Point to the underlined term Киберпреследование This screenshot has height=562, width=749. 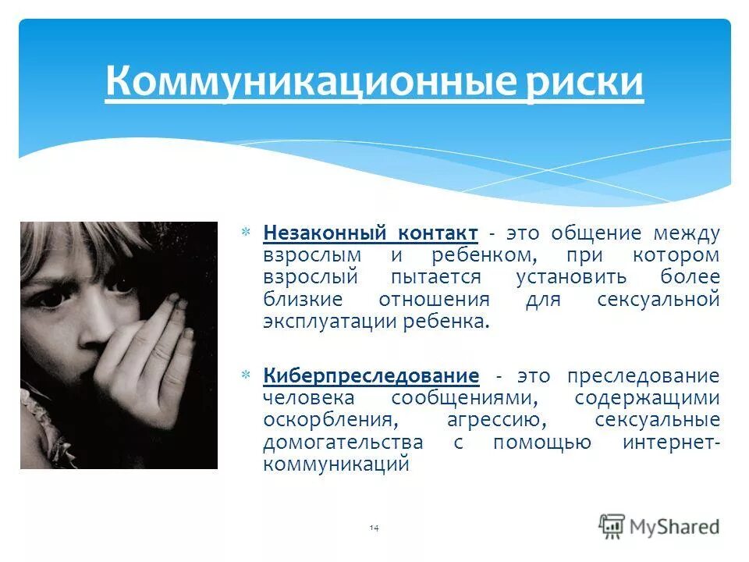(371, 375)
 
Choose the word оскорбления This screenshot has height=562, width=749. (326, 420)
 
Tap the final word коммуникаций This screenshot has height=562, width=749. (336, 464)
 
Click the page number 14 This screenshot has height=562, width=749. (374, 529)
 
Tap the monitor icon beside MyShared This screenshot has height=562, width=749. (612, 525)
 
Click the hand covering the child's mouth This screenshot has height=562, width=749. (148, 351)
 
